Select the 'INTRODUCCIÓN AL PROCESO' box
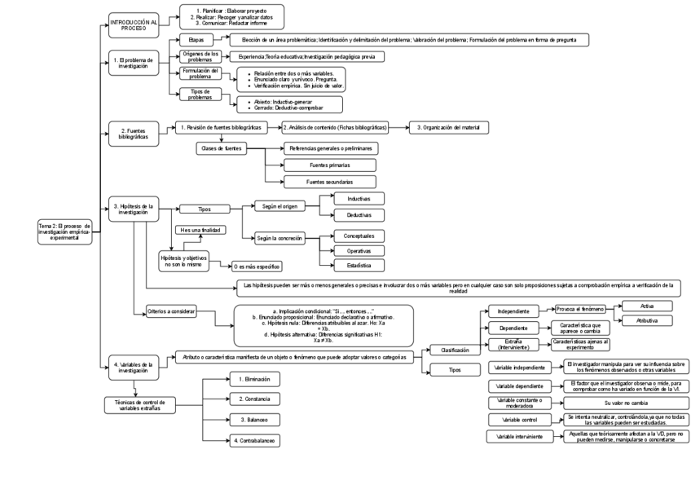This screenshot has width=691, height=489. (x=134, y=25)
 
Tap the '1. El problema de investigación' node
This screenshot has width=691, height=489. (x=134, y=63)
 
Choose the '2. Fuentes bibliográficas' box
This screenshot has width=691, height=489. (x=134, y=134)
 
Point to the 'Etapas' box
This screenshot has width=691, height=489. (x=196, y=39)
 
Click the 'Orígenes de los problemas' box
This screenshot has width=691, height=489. (x=200, y=56)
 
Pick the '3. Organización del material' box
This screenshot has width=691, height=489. (x=449, y=127)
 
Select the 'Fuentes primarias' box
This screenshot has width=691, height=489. (x=330, y=165)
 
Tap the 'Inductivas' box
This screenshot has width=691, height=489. (x=359, y=199)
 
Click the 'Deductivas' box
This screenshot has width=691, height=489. (x=359, y=215)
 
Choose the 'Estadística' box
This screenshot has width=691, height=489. (x=359, y=266)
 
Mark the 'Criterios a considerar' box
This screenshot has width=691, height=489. (x=172, y=311)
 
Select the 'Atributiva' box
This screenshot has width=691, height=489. (x=647, y=321)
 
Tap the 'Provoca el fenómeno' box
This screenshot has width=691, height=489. (x=580, y=310)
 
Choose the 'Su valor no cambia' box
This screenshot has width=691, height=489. (x=627, y=403)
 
